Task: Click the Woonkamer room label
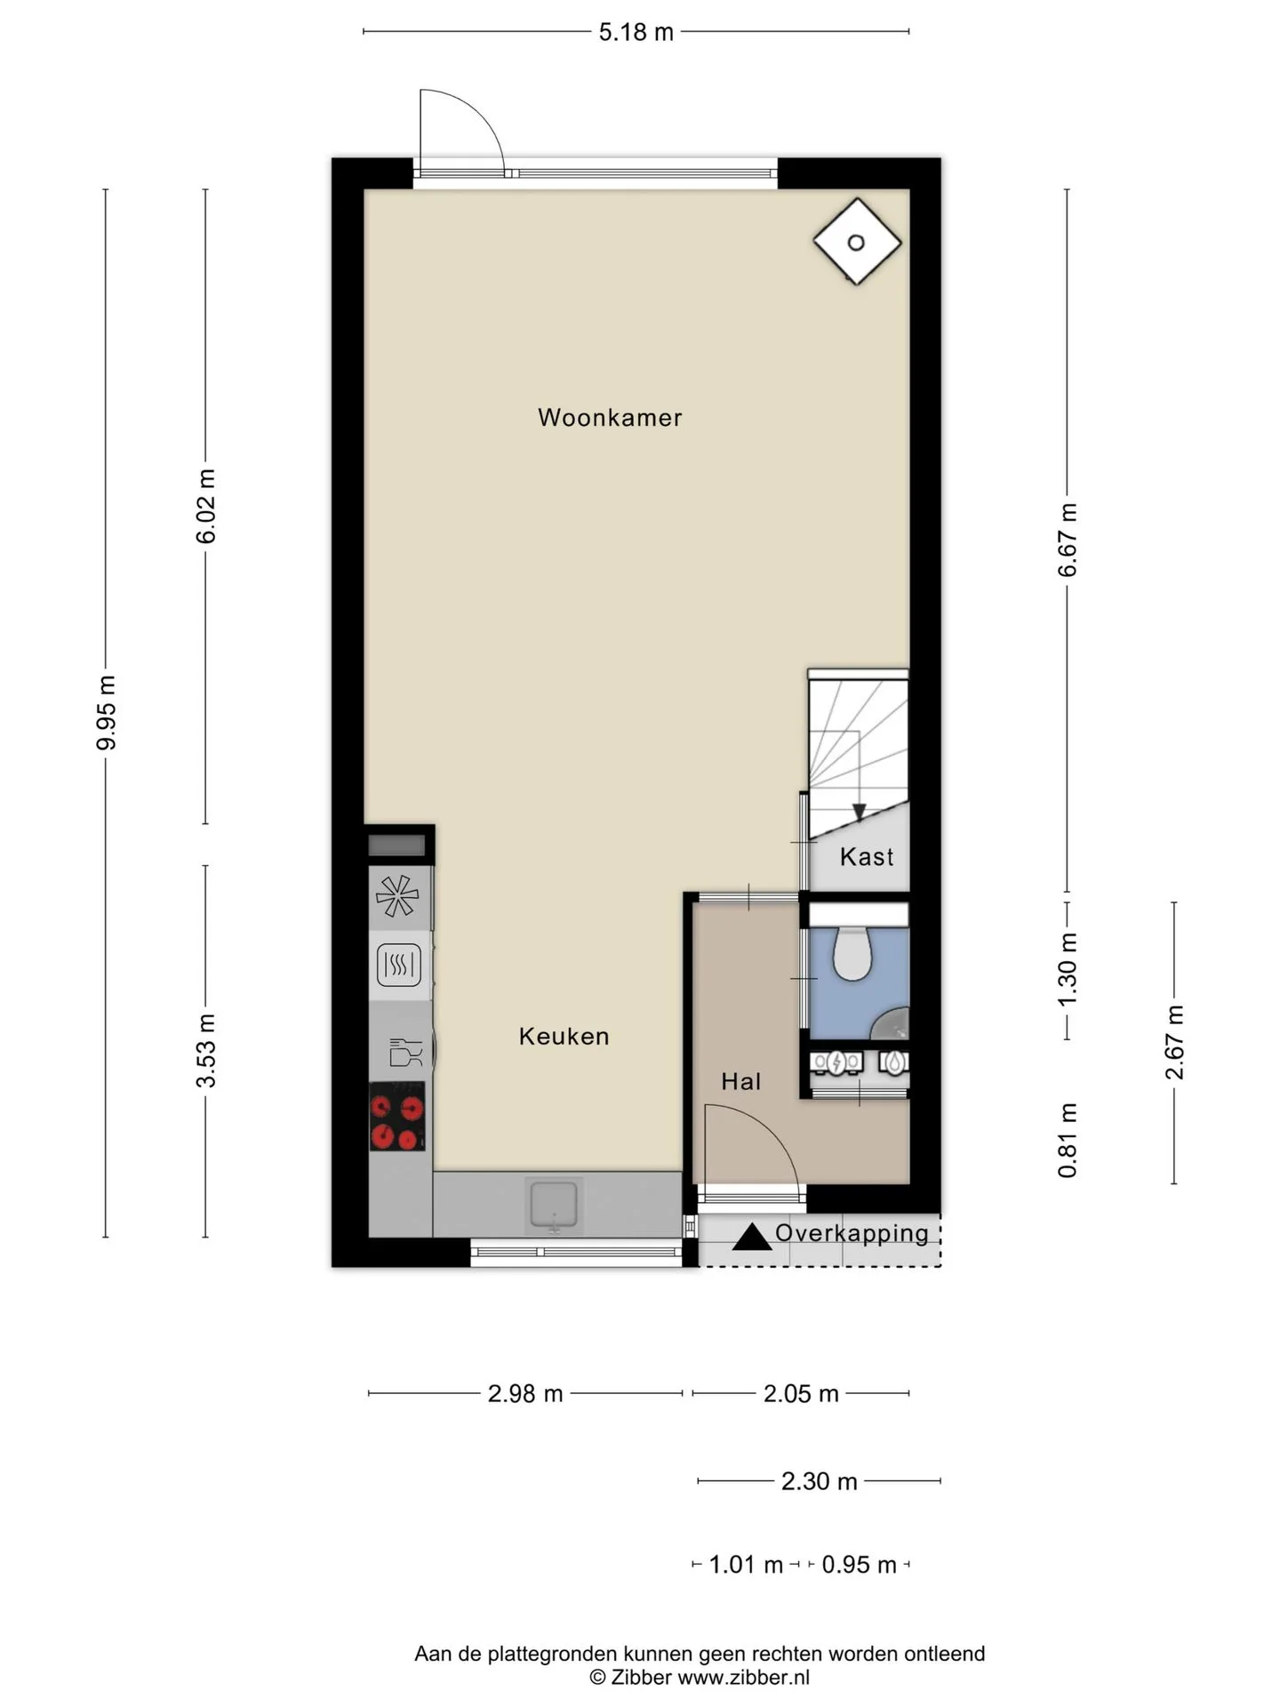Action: pyautogui.click(x=610, y=417)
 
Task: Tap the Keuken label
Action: pyautogui.click(x=564, y=1036)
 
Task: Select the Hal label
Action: pyautogui.click(x=741, y=1081)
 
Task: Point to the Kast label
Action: pyautogui.click(x=867, y=856)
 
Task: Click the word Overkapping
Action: pyautogui.click(x=852, y=1233)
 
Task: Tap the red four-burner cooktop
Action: pyautogui.click(x=397, y=1117)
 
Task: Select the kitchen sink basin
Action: pyautogui.click(x=554, y=1206)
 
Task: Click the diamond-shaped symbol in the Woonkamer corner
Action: pyautogui.click(x=857, y=242)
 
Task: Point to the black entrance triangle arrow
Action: pyautogui.click(x=751, y=1237)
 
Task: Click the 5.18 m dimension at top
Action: pyautogui.click(x=636, y=32)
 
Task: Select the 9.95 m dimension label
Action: pyautogui.click(x=106, y=712)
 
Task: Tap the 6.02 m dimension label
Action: pyautogui.click(x=206, y=506)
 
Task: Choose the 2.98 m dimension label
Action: pyautogui.click(x=525, y=1393)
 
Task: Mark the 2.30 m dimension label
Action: pyautogui.click(x=820, y=1481)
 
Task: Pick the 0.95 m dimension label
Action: pyautogui.click(x=860, y=1565)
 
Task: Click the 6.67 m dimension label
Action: pyautogui.click(x=1068, y=540)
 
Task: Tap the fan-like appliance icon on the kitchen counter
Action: pyautogui.click(x=397, y=896)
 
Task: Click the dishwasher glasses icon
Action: pyautogui.click(x=405, y=1052)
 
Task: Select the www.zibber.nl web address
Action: pyautogui.click(x=744, y=1678)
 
